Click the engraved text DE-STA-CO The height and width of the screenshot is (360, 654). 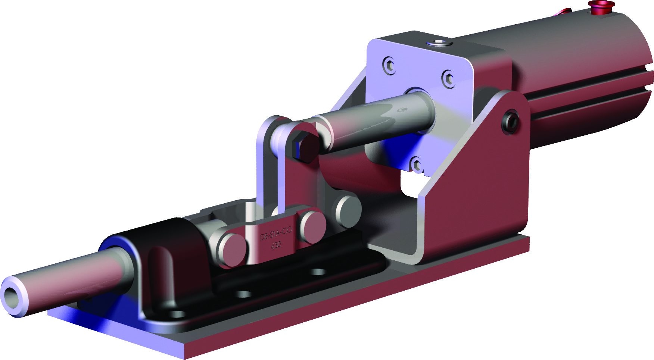click(275, 234)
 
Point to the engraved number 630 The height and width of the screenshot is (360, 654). click(276, 245)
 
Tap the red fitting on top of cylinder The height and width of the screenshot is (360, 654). click(601, 7)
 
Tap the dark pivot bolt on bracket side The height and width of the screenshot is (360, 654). click(511, 121)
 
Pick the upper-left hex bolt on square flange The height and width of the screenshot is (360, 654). click(389, 66)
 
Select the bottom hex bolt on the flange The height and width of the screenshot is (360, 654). click(416, 165)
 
